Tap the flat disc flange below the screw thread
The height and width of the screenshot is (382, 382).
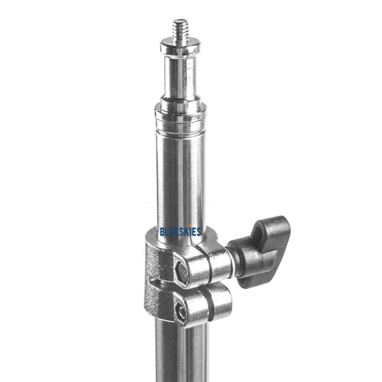click(x=181, y=48)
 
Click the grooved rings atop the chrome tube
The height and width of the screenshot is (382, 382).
click(x=181, y=120)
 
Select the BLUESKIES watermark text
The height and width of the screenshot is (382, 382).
click(x=181, y=232)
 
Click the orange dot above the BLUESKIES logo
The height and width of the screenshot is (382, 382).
click(x=190, y=225)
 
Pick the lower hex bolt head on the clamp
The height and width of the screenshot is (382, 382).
click(x=182, y=313)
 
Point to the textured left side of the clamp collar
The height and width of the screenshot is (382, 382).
click(x=153, y=280)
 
